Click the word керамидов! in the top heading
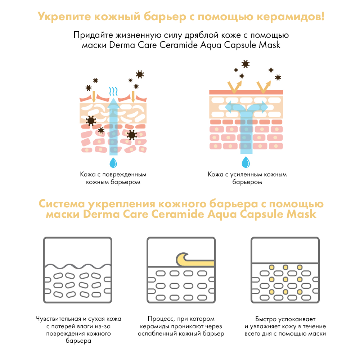tap(290, 17)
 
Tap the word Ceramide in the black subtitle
tap(179, 45)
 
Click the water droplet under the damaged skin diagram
tap(113, 162)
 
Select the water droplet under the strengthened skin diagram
tap(246, 162)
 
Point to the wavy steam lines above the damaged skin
tap(113, 91)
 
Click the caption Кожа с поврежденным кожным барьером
tap(113, 178)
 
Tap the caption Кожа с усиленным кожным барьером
tap(247, 178)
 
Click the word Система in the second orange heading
tap(62, 204)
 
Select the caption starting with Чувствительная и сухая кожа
tap(78, 330)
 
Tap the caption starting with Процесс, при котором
tap(181, 326)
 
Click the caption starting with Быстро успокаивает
tap(285, 326)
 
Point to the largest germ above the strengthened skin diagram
tap(246, 64)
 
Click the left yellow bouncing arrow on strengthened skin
tap(234, 87)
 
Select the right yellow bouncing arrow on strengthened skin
tap(264, 87)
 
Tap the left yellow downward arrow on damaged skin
tap(94, 96)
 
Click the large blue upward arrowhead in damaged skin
tap(113, 103)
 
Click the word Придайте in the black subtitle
tap(93, 35)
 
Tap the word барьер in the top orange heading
tap(165, 17)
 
